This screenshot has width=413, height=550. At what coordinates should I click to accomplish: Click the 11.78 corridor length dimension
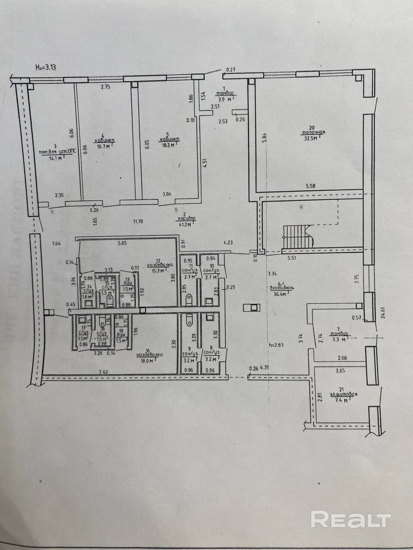tap(138, 222)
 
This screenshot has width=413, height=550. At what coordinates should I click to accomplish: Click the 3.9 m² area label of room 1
tap(225, 98)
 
